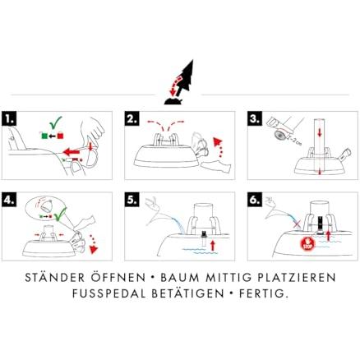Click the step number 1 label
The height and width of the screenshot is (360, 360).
pos(11,118)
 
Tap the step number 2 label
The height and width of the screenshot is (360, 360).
pos(132,118)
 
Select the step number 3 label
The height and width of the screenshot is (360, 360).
pos(255,118)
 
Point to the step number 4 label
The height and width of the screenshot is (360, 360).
pos(11,200)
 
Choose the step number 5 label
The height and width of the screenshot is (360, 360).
pos(132,200)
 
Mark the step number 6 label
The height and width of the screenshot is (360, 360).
pos(255,200)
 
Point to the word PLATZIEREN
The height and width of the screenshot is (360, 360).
pos(296,279)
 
